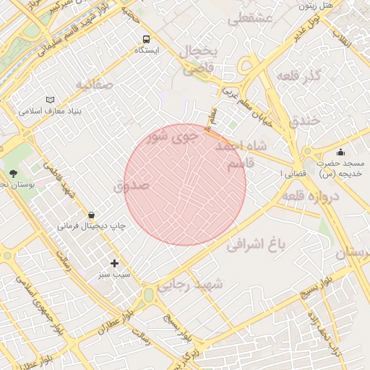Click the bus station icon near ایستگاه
point(147,40)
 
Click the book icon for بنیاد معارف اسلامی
point(50,100)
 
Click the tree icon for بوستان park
point(13,173)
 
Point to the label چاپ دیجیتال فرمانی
point(92,226)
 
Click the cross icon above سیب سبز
point(113,263)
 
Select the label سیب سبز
point(113,275)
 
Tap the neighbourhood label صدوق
point(131,186)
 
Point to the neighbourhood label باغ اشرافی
point(257,245)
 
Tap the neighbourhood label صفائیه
point(95,85)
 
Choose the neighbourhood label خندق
point(304,121)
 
